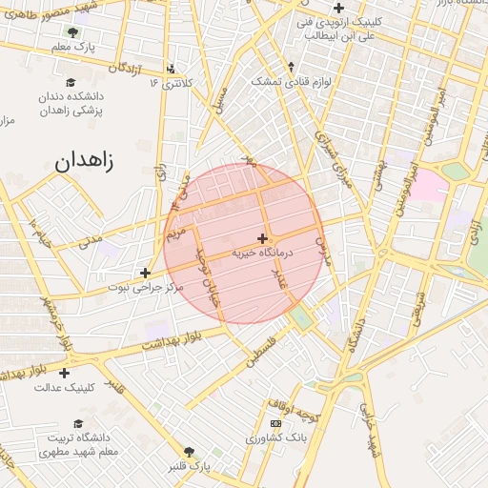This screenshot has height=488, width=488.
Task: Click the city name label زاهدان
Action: pyautogui.click(x=84, y=160)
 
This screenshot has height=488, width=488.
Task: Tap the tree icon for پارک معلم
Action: pyautogui.click(x=73, y=31)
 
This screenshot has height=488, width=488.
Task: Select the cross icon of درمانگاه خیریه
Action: pyautogui.click(x=262, y=237)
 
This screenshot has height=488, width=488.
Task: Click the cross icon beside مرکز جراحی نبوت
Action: pyautogui.click(x=144, y=273)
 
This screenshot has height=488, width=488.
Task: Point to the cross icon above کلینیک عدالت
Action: pyautogui.click(x=64, y=373)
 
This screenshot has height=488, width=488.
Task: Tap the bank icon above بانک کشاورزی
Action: pyautogui.click(x=275, y=423)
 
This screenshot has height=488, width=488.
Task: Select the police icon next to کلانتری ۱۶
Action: pyautogui.click(x=171, y=68)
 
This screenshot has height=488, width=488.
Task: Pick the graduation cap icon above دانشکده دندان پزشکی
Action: pyautogui.click(x=71, y=83)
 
